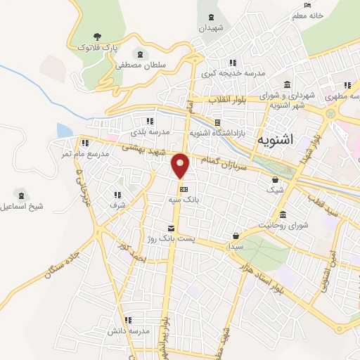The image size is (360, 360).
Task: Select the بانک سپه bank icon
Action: point(184,189)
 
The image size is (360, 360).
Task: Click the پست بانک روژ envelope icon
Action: point(170,228)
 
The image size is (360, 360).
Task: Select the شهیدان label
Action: point(210,28)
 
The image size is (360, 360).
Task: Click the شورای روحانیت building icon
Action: point(283,214)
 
